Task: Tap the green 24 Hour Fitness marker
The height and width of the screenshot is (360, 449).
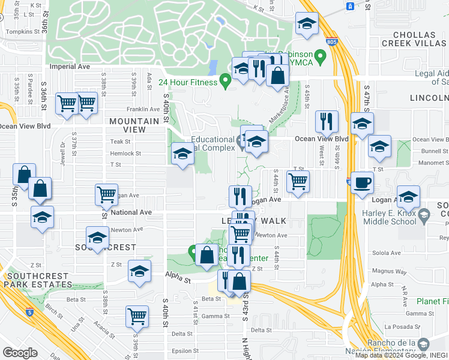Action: [226, 80]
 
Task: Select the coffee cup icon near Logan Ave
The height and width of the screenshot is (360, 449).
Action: [362, 182]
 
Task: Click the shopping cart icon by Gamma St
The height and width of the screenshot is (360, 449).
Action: [137, 316]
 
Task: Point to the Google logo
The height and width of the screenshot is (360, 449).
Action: [20, 352]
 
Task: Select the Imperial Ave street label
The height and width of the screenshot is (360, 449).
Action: [70, 67]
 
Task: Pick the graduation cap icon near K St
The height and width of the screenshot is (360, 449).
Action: [307, 25]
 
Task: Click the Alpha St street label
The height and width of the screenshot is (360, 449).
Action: [178, 280]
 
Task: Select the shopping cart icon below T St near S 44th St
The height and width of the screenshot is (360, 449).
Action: [297, 181]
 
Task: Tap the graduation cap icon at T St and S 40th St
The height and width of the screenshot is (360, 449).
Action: [182, 154]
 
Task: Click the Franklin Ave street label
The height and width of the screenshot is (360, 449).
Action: [137, 109]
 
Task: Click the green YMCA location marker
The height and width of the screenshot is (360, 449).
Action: [321, 58]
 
